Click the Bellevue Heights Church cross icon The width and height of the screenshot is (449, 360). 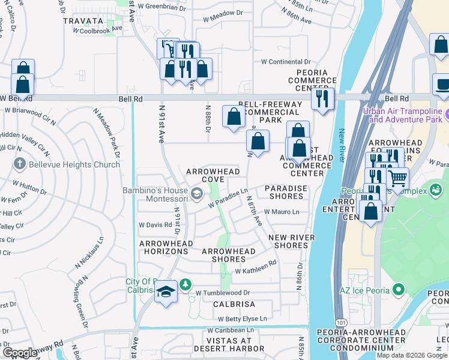[19, 163]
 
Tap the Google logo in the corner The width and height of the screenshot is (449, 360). [20, 353]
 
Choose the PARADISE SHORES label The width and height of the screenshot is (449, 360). [286, 192]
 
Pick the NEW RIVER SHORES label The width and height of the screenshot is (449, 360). [292, 241]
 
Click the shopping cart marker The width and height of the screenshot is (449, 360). [397, 178]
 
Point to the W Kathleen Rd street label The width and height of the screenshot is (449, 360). [255, 271]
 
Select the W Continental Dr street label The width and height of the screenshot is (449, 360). [286, 62]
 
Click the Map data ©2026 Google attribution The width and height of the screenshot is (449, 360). [412, 355]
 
